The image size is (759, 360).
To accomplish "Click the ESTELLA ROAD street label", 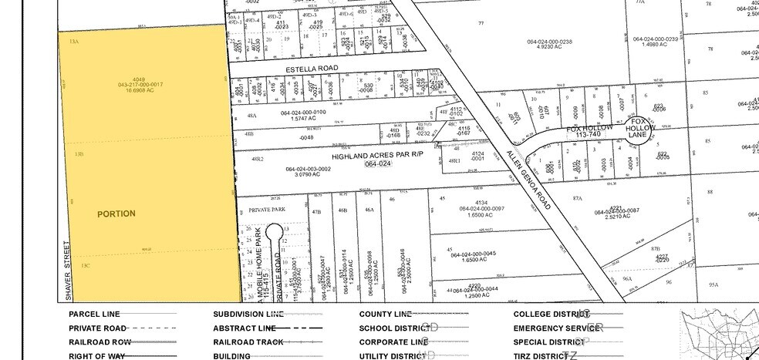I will pos(312,69).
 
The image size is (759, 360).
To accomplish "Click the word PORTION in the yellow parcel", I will pos(116,214).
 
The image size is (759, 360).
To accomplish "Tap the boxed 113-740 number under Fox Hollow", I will pos(588,135).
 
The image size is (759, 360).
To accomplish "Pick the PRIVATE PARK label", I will pos(268,209).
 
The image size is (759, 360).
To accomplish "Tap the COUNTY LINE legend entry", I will pos(385,314).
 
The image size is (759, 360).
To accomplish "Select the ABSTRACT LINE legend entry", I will pos(238,328).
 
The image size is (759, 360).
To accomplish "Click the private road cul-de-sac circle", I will pos(274,231).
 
